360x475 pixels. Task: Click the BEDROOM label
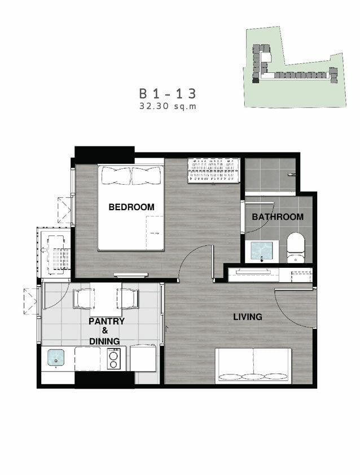(131, 207)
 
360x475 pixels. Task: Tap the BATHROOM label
(278, 217)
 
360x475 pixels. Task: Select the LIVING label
(248, 317)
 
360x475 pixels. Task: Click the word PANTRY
(107, 321)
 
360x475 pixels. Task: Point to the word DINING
(104, 341)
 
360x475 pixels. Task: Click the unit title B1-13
(168, 94)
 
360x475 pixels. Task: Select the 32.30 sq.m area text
(168, 106)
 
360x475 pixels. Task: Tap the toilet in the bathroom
(296, 247)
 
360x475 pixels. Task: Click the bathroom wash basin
(262, 251)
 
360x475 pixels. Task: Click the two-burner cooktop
(114, 359)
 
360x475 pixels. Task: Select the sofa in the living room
(253, 366)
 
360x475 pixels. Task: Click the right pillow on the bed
(146, 176)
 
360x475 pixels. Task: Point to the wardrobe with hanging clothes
(214, 171)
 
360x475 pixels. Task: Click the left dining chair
(82, 299)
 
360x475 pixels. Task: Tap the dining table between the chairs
(106, 299)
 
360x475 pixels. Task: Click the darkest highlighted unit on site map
(256, 80)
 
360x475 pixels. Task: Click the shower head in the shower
(292, 175)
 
